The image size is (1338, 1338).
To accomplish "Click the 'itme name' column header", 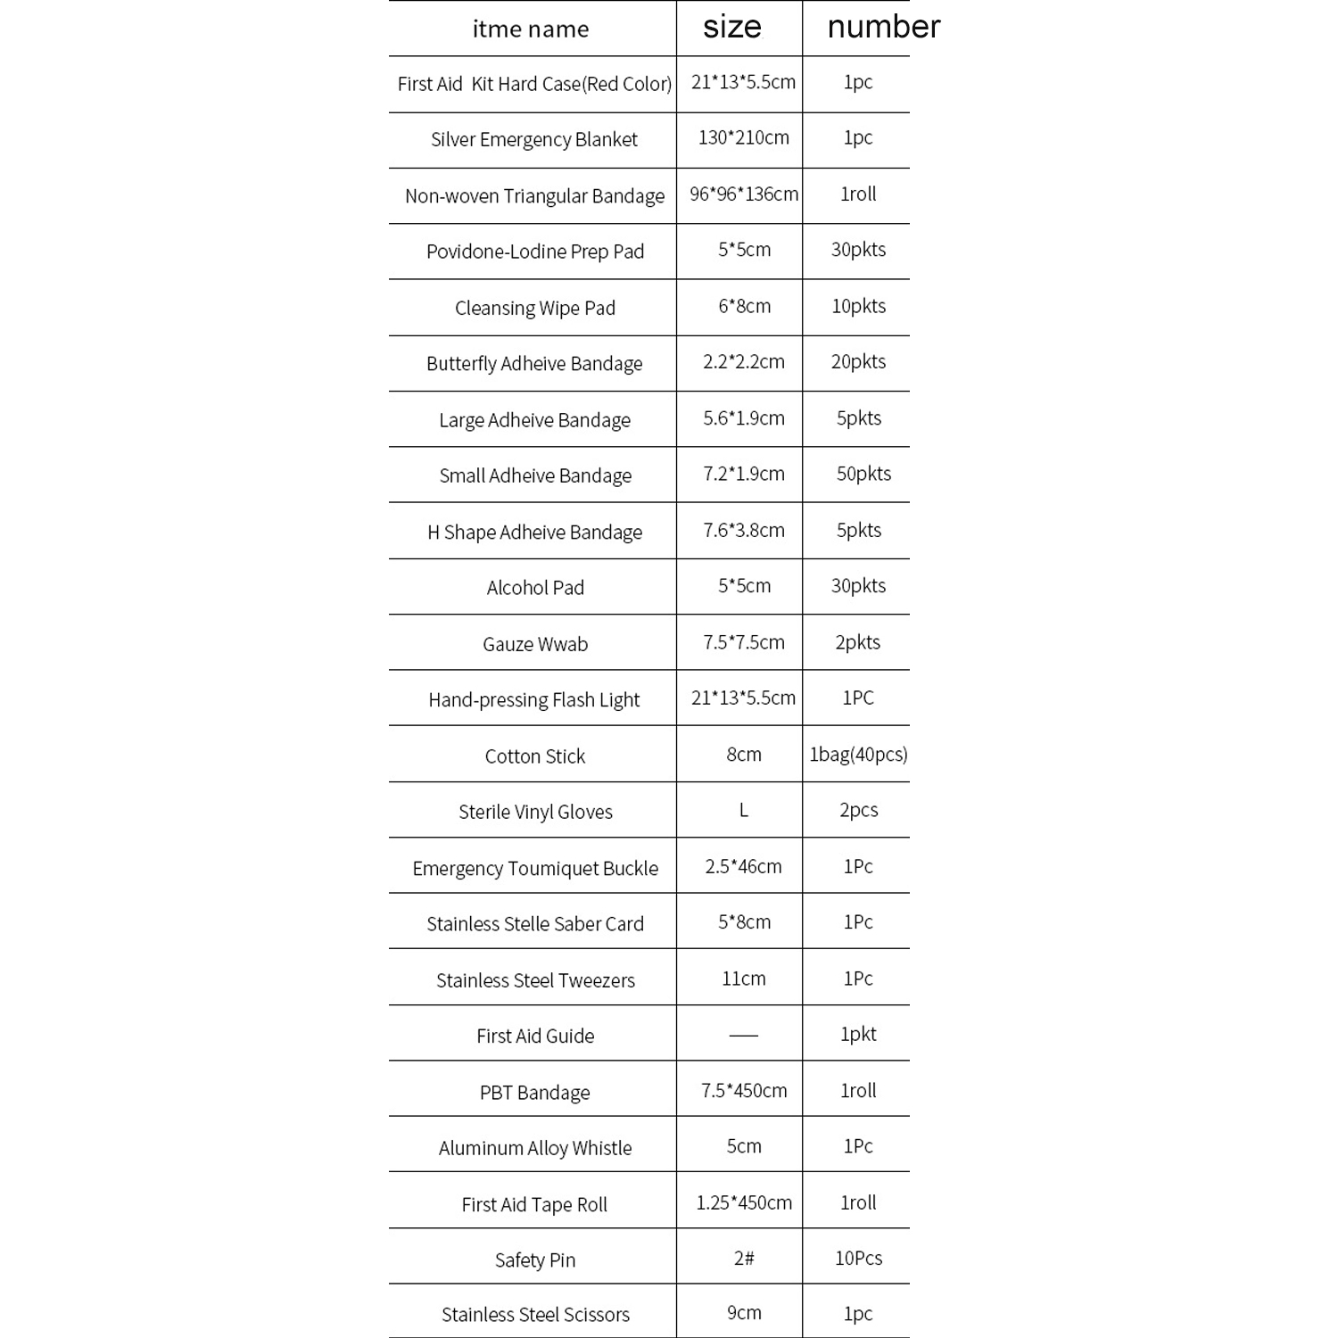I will (x=531, y=29).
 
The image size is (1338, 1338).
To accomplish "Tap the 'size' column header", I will (x=732, y=27).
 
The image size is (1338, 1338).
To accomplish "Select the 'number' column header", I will (x=883, y=27).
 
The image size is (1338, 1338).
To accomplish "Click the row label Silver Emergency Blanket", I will (x=534, y=139).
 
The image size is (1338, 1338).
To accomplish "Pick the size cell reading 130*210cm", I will (x=743, y=137).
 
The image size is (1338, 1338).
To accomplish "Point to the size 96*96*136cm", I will (x=743, y=194).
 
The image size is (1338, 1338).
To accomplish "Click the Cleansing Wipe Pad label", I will (x=534, y=308).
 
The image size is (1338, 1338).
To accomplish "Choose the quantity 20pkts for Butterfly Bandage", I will (x=858, y=361).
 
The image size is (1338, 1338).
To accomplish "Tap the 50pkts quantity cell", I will (x=863, y=474).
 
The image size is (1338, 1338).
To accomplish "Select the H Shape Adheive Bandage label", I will (x=534, y=532).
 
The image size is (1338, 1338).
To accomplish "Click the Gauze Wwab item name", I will (x=534, y=644).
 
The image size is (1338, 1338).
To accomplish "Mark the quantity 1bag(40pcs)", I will (x=858, y=755).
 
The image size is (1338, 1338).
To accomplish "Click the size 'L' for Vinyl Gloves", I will (x=743, y=810).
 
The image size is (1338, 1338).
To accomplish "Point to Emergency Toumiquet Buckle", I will (x=534, y=868).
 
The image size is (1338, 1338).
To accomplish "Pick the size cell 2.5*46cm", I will (x=743, y=866).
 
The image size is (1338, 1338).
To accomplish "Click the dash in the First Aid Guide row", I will (x=743, y=1035).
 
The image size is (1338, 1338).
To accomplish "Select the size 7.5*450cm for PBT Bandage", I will (x=743, y=1090).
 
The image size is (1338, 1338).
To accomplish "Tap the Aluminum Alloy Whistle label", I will (x=534, y=1148).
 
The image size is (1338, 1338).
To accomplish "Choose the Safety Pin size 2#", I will (x=743, y=1258).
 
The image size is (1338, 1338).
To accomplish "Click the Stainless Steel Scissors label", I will (x=534, y=1314).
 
